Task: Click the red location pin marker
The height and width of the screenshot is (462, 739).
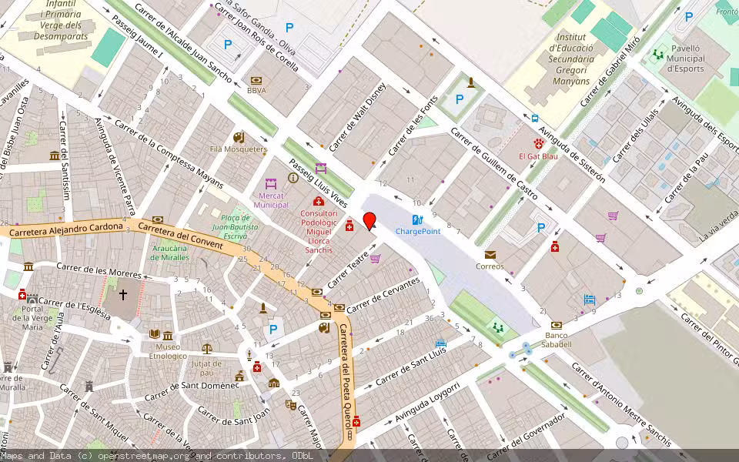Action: (369, 221)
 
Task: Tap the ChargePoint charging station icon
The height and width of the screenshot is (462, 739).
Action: (417, 219)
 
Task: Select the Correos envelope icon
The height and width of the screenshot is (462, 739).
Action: (490, 255)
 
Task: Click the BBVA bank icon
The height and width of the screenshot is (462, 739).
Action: (256, 80)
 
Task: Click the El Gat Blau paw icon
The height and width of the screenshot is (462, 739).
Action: (539, 144)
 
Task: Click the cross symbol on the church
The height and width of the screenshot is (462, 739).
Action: (122, 294)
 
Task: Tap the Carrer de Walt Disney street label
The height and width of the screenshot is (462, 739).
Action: (356, 117)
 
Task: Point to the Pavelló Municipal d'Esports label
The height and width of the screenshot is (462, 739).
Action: (684, 58)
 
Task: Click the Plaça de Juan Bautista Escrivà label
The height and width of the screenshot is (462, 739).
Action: (235, 223)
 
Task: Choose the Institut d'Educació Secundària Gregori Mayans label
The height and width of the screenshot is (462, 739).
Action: (570, 59)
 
